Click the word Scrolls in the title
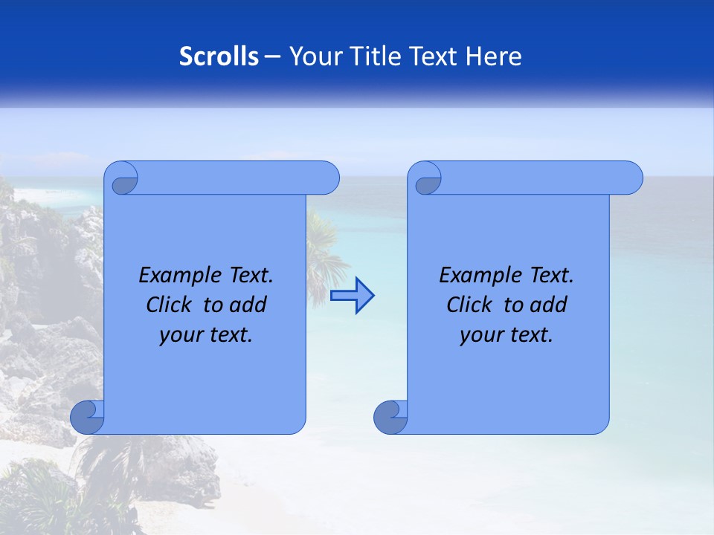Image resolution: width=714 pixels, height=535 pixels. tap(219, 56)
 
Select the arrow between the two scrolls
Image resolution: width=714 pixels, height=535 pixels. tap(352, 296)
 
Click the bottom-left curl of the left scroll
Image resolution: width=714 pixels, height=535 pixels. tap(87, 417)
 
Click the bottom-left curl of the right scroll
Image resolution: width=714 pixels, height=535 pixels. tap(390, 417)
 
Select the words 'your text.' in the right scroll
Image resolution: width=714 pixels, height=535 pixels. tap(506, 335)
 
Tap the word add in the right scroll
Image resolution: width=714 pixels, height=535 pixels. tap(549, 305)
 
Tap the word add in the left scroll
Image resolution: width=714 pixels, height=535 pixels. tap(248, 305)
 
